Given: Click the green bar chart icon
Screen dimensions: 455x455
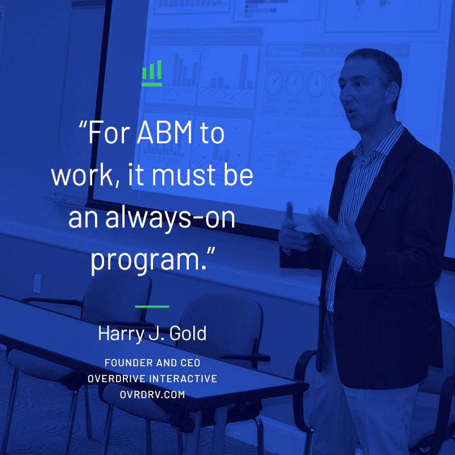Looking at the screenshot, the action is point(152,73).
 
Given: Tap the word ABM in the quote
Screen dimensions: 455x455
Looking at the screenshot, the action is point(164,133).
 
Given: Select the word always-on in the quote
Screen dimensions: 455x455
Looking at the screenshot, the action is point(170,217).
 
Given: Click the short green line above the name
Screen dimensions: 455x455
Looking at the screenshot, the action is point(152,307).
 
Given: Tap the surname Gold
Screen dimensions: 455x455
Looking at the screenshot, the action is point(188,333).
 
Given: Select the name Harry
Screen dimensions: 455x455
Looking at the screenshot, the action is point(121,334).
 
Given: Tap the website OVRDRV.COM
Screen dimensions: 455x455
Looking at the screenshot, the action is point(152,395).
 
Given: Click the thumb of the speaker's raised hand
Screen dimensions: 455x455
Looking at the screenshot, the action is point(289,214).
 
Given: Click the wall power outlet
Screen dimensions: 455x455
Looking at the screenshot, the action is point(37,283).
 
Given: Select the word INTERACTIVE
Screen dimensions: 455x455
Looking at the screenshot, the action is point(183,379).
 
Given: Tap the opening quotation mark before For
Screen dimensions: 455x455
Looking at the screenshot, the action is point(83,125).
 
